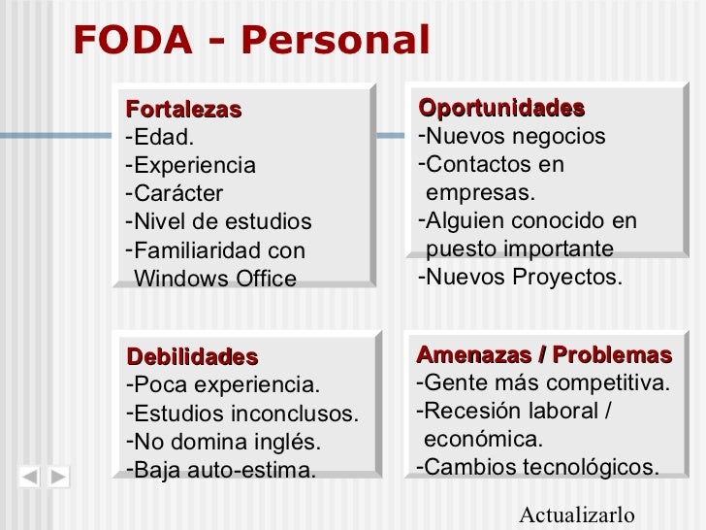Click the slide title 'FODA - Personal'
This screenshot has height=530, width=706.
251,41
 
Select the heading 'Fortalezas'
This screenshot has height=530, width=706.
183,109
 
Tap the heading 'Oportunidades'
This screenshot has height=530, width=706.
500,107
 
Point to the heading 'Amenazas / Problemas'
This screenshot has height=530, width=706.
543,354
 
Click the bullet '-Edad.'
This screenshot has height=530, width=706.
160,137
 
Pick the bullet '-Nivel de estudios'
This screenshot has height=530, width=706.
219,221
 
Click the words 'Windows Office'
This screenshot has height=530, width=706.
215,280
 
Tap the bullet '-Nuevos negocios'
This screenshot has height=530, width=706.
512,136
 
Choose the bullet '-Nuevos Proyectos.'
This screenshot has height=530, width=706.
519,278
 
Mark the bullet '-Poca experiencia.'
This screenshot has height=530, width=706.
222,384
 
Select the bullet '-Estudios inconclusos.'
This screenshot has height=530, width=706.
242,414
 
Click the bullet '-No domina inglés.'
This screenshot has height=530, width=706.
223,443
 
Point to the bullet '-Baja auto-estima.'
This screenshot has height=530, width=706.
221,472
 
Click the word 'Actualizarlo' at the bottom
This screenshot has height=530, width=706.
577,514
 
